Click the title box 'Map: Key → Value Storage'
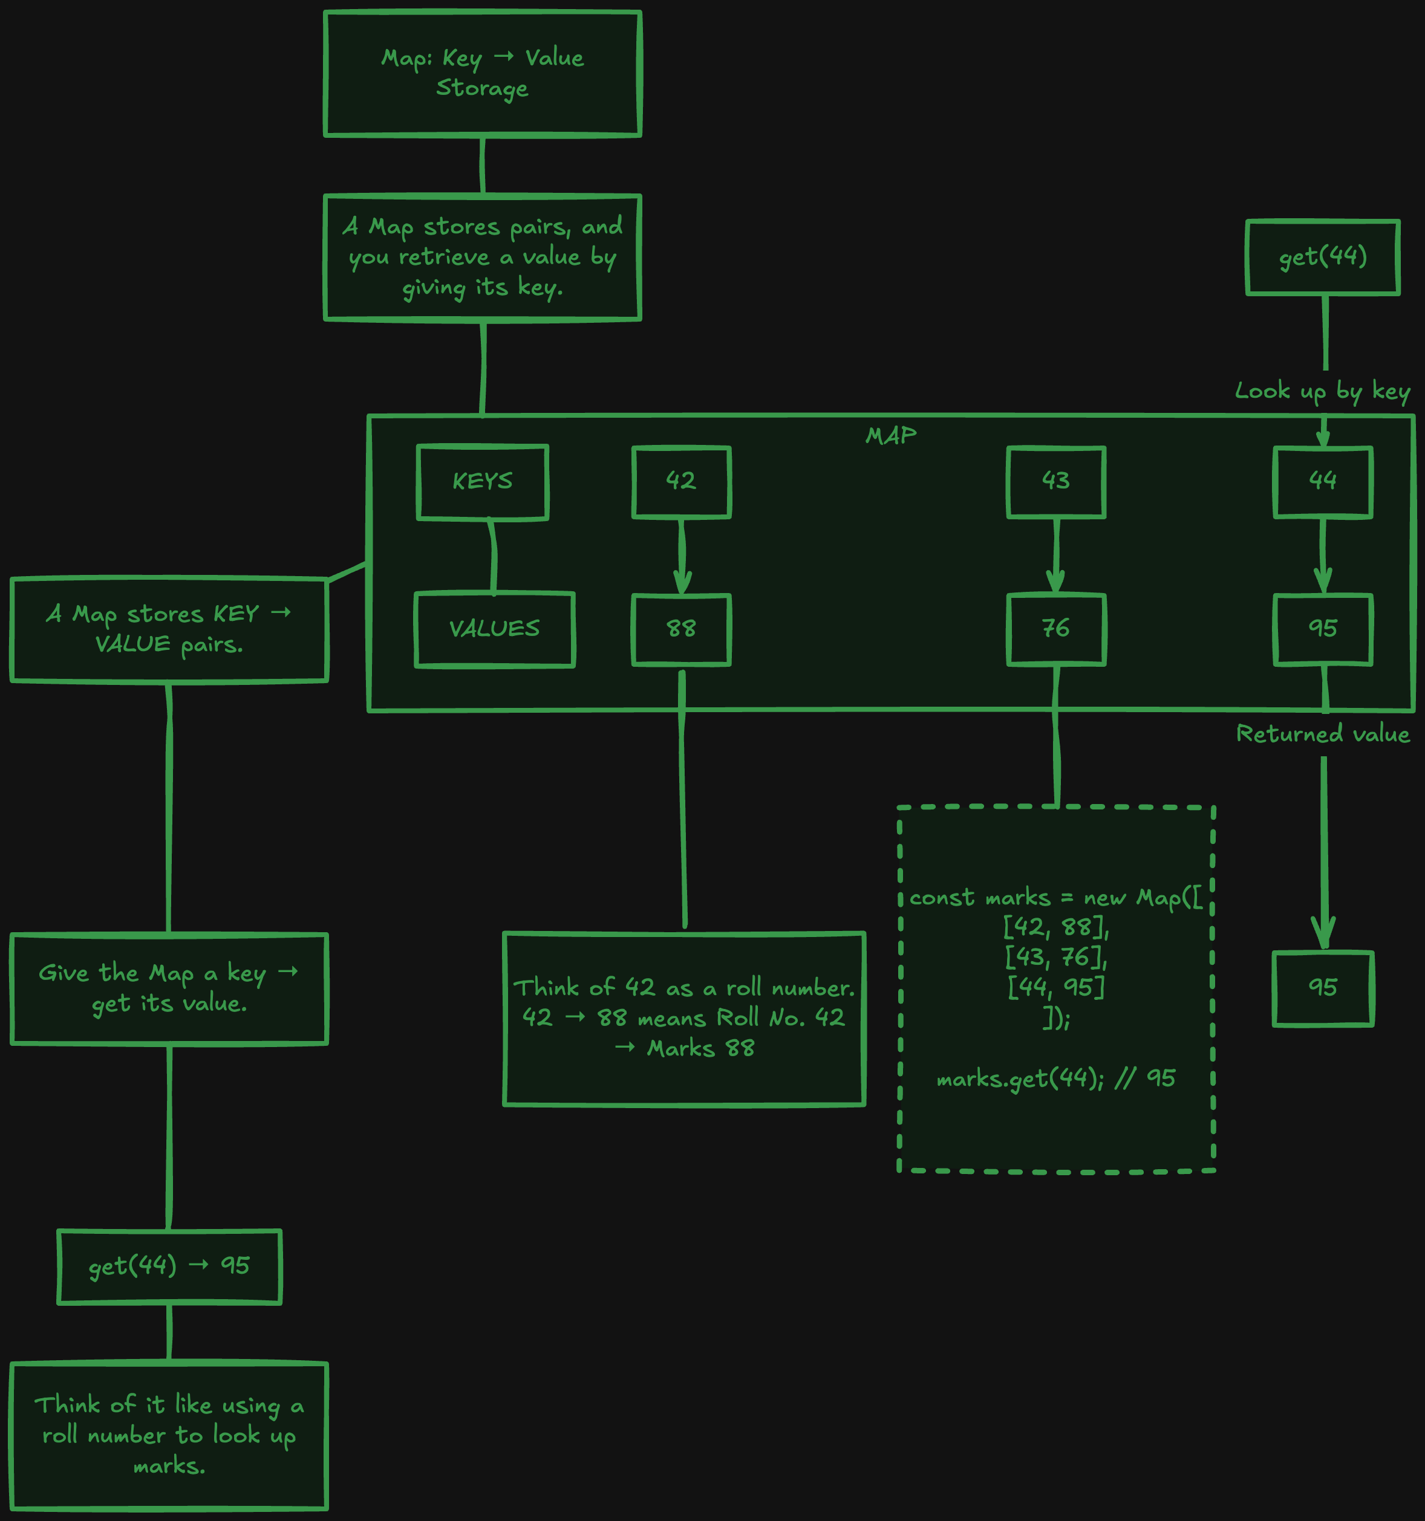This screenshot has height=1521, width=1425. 482,73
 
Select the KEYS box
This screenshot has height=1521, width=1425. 482,482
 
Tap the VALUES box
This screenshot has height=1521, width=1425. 494,629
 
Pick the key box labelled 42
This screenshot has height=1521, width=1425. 681,482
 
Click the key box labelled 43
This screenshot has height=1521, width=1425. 1056,482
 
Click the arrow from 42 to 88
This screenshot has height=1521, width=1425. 681,556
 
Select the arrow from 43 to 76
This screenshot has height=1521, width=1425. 1056,556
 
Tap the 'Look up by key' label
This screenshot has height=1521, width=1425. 1322,392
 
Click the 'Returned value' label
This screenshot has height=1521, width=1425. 1322,735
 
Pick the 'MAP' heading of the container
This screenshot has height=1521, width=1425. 891,435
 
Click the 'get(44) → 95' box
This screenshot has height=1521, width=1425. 169,1266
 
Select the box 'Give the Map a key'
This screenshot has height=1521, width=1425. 169,988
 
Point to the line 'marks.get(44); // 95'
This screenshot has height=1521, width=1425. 1055,1078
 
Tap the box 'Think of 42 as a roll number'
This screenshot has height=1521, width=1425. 684,1019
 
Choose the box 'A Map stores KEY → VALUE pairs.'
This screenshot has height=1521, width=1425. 169,629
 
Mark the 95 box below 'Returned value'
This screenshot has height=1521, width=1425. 1323,988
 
